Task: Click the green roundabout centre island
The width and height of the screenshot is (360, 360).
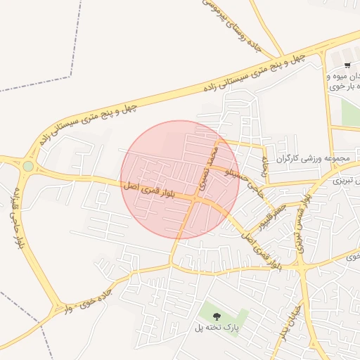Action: point(28,166)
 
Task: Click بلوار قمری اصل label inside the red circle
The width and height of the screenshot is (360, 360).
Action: point(149,188)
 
